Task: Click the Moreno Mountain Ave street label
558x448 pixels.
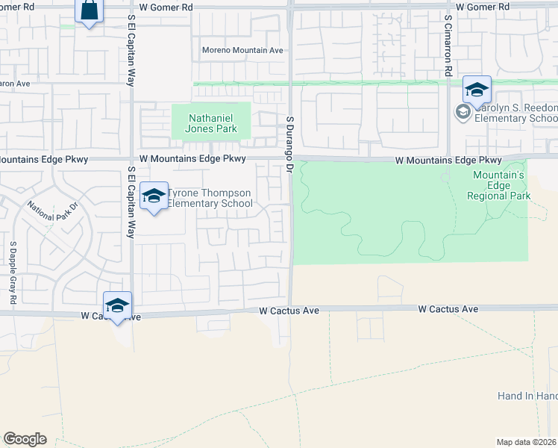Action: coord(243,51)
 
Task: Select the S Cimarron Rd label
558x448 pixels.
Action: coord(448,45)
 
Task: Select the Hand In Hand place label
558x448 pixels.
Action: coord(527,396)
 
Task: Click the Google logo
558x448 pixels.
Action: coord(25,439)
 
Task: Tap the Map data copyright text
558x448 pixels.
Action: coord(527,442)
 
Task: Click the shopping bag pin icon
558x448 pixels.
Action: coord(89,11)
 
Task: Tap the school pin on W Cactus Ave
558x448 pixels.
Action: coord(117,306)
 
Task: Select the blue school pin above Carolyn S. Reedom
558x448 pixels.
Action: coord(477,91)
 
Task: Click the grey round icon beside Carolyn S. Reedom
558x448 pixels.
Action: coord(463,113)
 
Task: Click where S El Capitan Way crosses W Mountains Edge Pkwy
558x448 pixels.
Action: coord(131,159)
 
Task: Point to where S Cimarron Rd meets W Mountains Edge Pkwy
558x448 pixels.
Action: coord(448,159)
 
